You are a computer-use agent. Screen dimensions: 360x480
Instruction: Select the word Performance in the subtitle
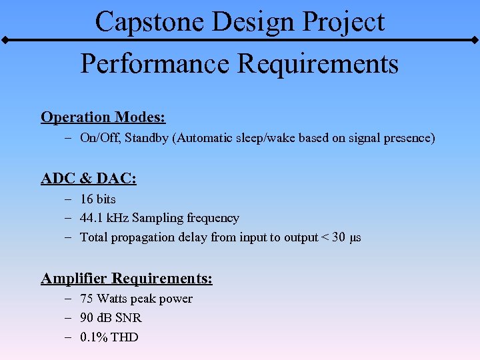point(154,64)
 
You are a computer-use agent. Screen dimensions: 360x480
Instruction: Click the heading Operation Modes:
point(103,117)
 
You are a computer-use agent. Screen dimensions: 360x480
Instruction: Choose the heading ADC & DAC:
point(89,179)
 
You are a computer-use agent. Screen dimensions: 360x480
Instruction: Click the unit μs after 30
point(355,238)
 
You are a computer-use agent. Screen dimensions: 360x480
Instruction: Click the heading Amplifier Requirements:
point(127,278)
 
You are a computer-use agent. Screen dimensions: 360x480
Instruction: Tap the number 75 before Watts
point(87,299)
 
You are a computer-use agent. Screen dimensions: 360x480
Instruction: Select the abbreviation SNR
point(129,318)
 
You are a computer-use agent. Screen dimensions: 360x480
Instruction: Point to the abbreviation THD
point(125,337)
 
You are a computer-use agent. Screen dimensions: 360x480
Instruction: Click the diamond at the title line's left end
point(4,41)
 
